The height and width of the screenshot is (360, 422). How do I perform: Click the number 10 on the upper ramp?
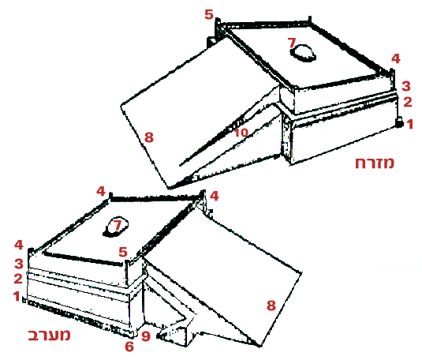(x=241, y=133)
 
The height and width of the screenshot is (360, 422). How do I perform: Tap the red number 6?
(x=129, y=347)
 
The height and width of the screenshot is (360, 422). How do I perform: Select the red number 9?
(x=146, y=336)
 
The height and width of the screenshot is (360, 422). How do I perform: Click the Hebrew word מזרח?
(x=375, y=163)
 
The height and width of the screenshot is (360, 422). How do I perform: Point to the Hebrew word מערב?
(x=49, y=335)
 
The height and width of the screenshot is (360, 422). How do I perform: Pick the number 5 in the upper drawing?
(x=209, y=14)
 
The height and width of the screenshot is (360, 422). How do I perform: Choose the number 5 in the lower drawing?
(x=123, y=252)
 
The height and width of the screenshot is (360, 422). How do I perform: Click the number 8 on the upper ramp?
(x=149, y=137)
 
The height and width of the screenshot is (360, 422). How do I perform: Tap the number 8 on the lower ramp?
(x=271, y=306)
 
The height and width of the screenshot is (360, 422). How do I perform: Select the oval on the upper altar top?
(x=303, y=54)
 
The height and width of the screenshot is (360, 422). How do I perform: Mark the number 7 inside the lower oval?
(x=118, y=225)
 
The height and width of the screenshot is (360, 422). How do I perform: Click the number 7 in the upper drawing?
(x=292, y=43)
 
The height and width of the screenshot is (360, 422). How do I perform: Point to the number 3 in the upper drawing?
(x=406, y=86)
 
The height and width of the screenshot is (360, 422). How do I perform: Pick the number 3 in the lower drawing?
(x=19, y=264)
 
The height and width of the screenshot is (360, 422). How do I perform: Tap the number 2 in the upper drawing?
(x=408, y=102)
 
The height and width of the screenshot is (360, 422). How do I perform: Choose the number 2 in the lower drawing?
(x=18, y=279)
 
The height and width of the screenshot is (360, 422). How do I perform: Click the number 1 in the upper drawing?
(x=410, y=124)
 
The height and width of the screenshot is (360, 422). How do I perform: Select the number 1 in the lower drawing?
(x=17, y=296)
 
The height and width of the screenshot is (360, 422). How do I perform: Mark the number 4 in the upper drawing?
(x=396, y=58)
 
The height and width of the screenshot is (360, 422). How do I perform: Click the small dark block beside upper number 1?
(x=400, y=122)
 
